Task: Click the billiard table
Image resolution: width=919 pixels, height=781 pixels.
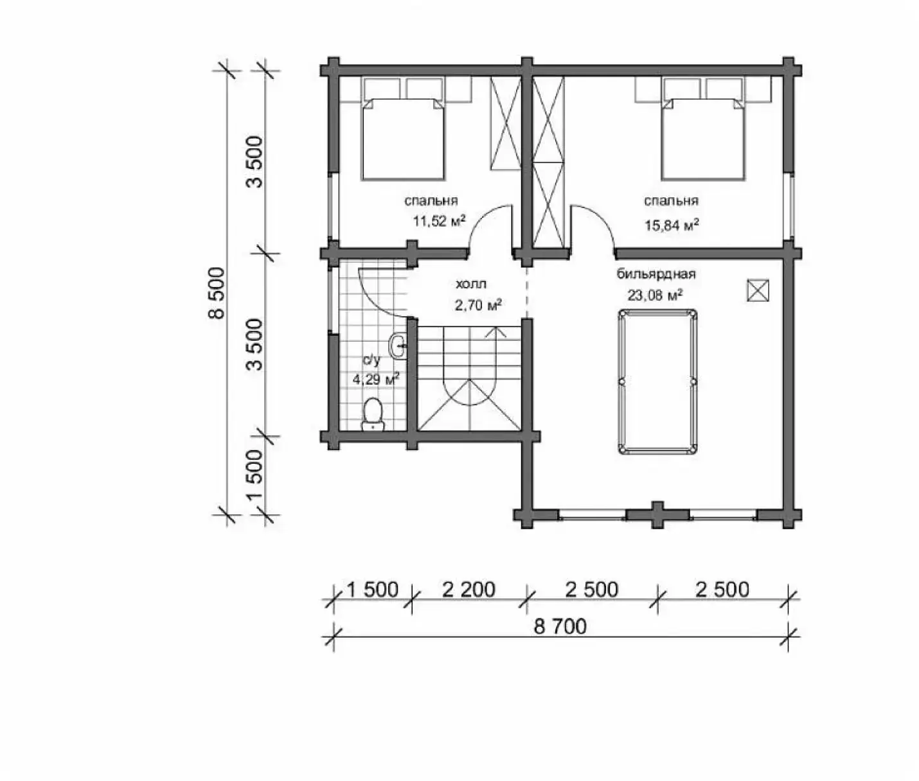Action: pos(657,382)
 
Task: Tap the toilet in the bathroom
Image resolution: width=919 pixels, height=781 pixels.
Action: pos(373,415)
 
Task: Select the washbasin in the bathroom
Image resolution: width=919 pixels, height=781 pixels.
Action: pos(397,345)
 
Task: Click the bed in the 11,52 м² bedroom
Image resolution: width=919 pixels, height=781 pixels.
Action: pos(403,139)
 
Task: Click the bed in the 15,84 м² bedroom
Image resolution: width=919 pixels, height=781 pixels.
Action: pos(702,139)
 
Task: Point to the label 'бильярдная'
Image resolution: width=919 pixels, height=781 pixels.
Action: pos(656,274)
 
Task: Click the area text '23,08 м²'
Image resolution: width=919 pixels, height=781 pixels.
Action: pos(656,295)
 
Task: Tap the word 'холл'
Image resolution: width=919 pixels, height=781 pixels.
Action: pos(471,283)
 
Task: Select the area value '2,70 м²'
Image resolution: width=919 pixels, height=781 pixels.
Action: pos(478,305)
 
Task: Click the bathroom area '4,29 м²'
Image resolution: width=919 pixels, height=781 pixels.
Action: pos(376,380)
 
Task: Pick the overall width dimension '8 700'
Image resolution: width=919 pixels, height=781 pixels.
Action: pos(560,626)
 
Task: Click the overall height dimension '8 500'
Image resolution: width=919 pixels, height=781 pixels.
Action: pos(217,293)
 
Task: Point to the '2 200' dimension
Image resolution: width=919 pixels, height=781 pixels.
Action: pos(468,590)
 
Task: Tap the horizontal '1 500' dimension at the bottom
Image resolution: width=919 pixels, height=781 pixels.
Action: pos(373,590)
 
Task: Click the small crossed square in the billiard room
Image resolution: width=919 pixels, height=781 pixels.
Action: pos(758,290)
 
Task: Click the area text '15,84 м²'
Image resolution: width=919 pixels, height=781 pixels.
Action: pos(672,225)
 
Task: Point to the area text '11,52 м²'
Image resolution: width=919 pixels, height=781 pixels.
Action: pos(440,221)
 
